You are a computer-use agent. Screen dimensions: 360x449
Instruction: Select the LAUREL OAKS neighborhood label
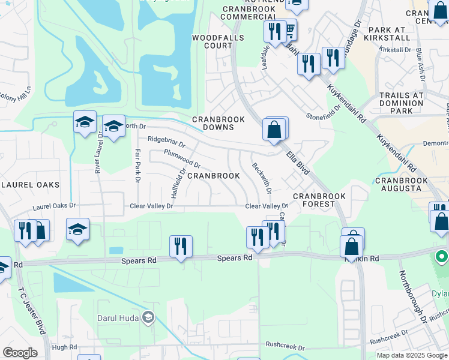click(29, 185)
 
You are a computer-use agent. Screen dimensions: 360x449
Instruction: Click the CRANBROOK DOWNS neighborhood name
click(218, 123)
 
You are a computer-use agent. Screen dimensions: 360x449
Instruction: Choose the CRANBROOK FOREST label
click(319, 200)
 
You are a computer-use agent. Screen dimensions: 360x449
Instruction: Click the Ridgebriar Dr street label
click(166, 142)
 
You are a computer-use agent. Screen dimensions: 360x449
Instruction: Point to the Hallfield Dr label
click(179, 183)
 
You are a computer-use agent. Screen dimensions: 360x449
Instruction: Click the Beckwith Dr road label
click(262, 178)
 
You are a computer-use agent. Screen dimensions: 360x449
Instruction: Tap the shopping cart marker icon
click(289, 29)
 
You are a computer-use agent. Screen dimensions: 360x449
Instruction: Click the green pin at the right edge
click(442, 257)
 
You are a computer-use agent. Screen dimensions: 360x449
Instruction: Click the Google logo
click(20, 353)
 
